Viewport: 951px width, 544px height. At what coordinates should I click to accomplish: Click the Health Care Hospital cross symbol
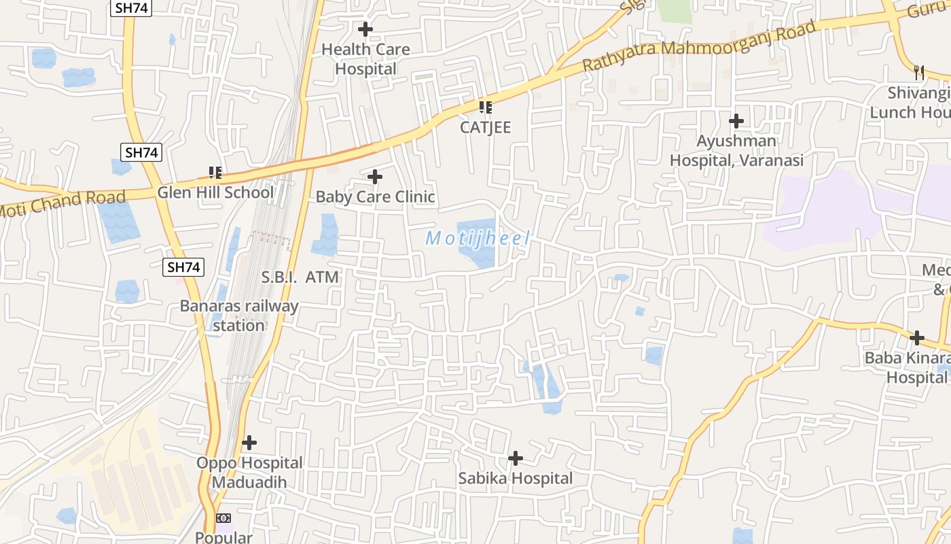pyautogui.click(x=365, y=29)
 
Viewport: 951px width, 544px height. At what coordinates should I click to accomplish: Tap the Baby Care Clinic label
pyautogui.click(x=375, y=197)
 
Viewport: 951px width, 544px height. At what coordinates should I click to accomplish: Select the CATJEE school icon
pyautogui.click(x=485, y=107)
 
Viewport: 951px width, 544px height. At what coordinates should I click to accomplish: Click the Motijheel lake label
pyautogui.click(x=477, y=239)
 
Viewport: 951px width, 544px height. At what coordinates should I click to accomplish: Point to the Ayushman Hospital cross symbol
pyautogui.click(x=736, y=122)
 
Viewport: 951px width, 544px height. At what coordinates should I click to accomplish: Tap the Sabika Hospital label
pyautogui.click(x=515, y=479)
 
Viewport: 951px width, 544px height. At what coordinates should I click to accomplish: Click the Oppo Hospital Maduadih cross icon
pyautogui.click(x=249, y=443)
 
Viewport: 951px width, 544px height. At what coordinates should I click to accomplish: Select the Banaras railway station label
pyautogui.click(x=238, y=316)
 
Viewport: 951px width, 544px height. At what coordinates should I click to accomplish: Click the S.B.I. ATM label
pyautogui.click(x=300, y=277)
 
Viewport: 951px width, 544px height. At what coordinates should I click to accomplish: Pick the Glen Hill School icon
pyautogui.click(x=215, y=173)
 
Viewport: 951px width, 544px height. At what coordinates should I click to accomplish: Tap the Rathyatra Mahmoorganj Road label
pyautogui.click(x=699, y=46)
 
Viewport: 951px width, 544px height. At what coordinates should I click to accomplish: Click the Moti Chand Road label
pyautogui.click(x=63, y=203)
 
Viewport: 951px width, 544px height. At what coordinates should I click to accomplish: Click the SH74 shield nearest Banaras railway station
pyautogui.click(x=184, y=267)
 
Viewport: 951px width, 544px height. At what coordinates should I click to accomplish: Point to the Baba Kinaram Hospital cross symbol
pyautogui.click(x=917, y=337)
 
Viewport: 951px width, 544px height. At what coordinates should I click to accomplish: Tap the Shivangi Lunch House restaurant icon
pyautogui.click(x=919, y=72)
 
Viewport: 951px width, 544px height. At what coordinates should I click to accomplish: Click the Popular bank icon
pyautogui.click(x=223, y=518)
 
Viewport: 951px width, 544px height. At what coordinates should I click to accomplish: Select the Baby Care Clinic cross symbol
pyautogui.click(x=374, y=177)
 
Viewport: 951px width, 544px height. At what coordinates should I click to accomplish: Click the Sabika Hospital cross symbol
pyautogui.click(x=516, y=458)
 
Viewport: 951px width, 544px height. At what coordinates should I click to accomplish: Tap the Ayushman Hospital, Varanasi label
pyautogui.click(x=736, y=151)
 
